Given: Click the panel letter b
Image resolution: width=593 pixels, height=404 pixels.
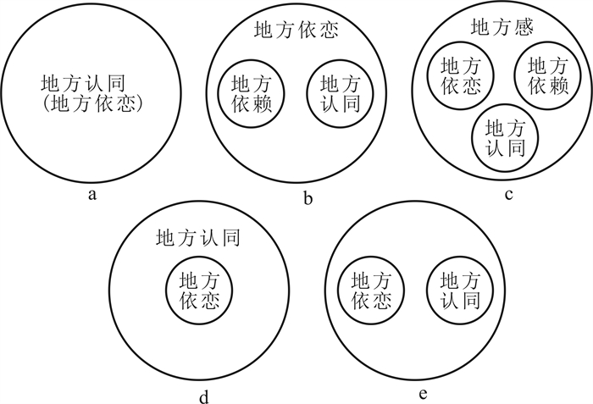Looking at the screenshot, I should coord(308,200).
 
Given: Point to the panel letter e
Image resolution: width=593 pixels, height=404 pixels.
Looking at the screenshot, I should coord(423,395).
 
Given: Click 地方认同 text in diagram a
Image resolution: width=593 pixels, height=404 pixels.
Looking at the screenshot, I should coord(93,85).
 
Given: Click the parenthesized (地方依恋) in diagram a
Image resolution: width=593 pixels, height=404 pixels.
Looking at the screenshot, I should coord(93,105).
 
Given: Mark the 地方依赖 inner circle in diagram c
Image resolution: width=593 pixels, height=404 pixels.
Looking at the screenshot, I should coord(547,74).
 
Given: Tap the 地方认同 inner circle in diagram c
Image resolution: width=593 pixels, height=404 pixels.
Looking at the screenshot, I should coord(502,137).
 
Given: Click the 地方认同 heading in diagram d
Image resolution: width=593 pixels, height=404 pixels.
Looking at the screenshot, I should coord(198,238).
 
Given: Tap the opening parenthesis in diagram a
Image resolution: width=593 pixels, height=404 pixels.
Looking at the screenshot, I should coord(44,105).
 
